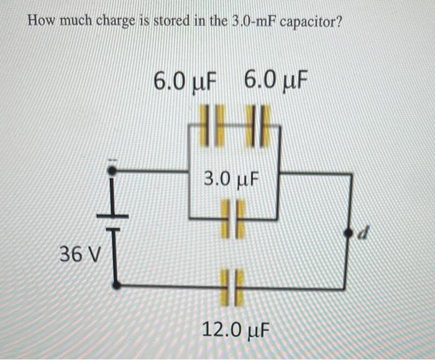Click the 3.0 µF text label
click(231, 180)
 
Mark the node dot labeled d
click(349, 233)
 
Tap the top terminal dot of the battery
click(112, 169)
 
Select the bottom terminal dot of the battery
click(116, 285)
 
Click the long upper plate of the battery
click(112, 215)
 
